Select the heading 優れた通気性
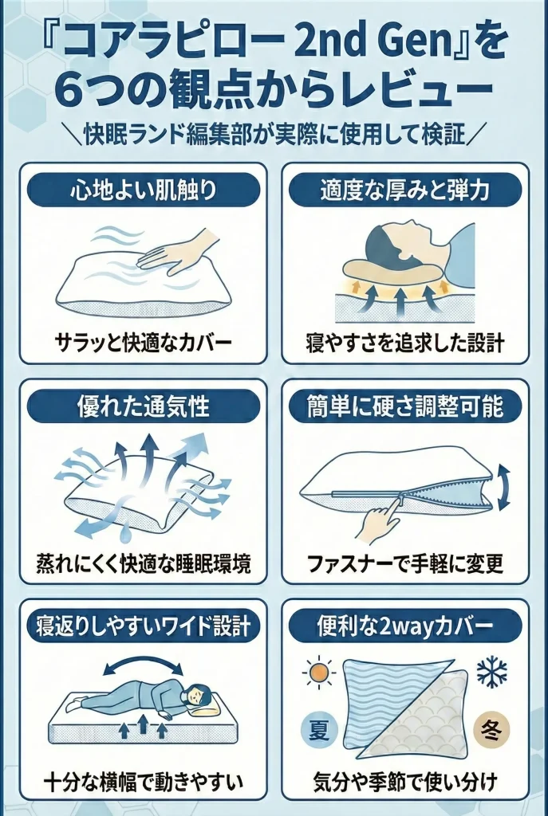[144, 406]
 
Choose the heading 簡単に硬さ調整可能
[405, 406]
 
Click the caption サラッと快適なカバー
[144, 344]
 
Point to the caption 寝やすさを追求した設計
[405, 344]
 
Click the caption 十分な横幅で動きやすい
[144, 778]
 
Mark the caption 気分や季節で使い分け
[405, 778]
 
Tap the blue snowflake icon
[491, 673]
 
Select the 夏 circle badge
[318, 730]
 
